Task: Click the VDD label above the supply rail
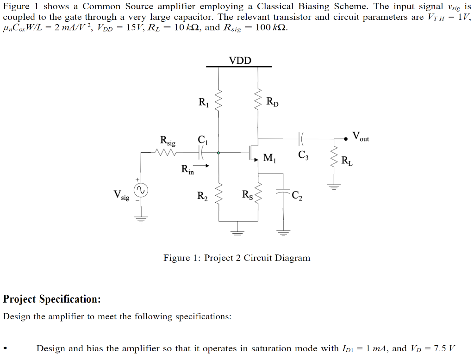click(x=240, y=60)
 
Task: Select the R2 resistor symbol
click(x=218, y=198)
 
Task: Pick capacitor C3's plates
click(x=301, y=138)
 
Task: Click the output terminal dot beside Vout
click(x=346, y=138)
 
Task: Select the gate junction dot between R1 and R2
click(x=218, y=152)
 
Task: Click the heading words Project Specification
click(x=52, y=299)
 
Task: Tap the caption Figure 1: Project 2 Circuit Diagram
click(x=237, y=258)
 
